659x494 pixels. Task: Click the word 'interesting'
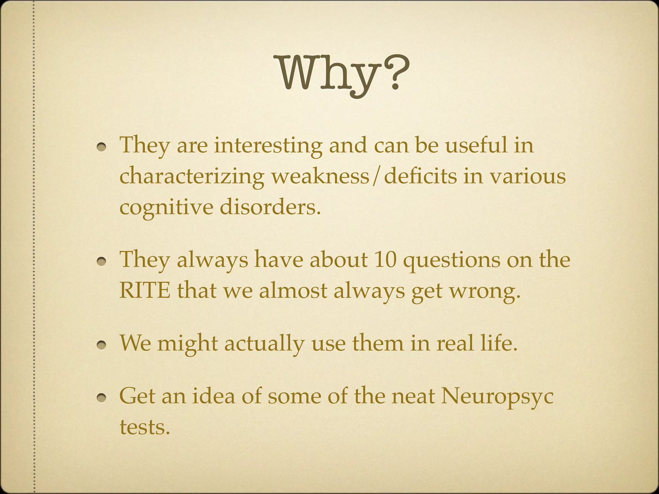[x=268, y=145]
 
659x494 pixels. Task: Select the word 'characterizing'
[x=192, y=177]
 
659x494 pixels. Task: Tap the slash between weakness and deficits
[x=376, y=177]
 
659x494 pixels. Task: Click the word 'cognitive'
[x=166, y=207]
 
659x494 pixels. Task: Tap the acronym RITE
[x=144, y=291]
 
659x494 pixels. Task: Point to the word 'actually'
[x=264, y=343]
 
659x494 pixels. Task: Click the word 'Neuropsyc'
[x=497, y=397]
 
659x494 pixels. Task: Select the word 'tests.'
[x=144, y=427]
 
